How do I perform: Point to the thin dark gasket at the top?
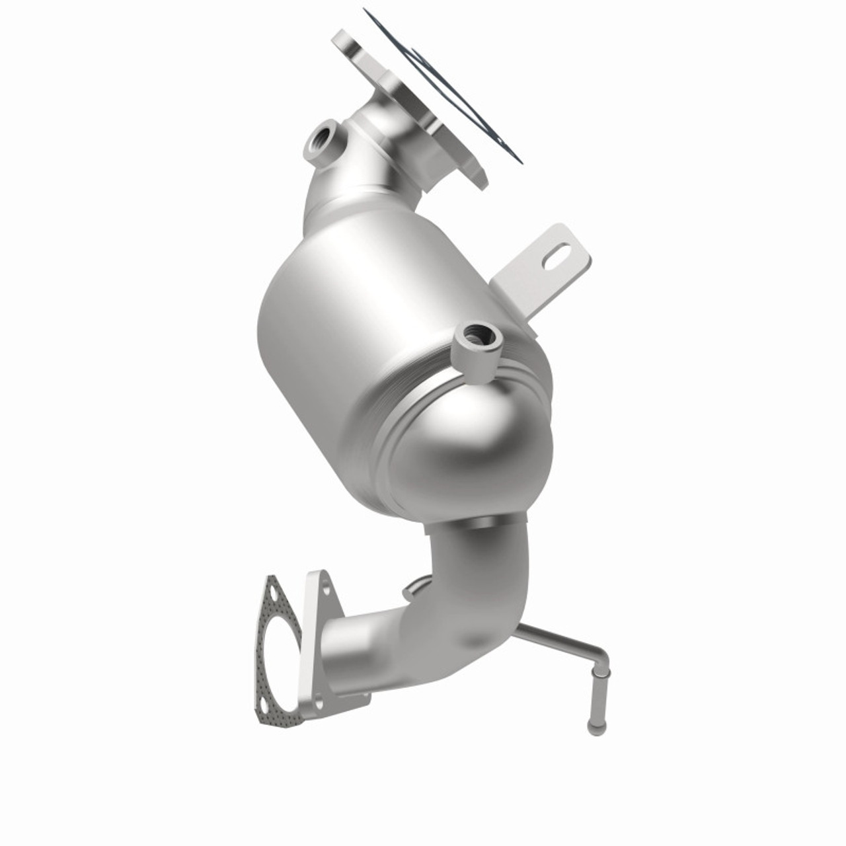(x=449, y=86)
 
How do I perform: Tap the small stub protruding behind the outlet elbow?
(x=416, y=587)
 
